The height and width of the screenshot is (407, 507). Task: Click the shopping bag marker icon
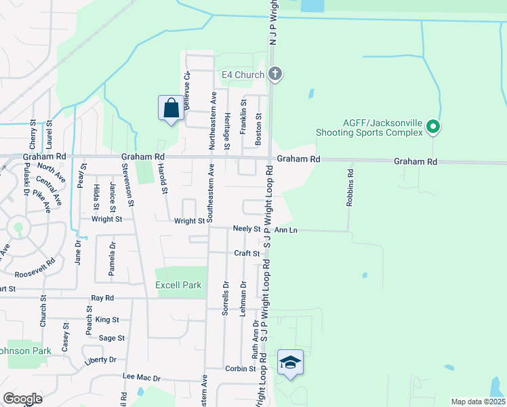[171, 109]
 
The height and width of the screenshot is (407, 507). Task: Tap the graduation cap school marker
[290, 363]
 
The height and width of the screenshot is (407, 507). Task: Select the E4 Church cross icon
[275, 74]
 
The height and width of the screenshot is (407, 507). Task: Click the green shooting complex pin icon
[434, 127]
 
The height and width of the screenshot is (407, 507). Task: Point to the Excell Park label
[178, 286]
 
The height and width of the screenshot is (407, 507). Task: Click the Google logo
[22, 399]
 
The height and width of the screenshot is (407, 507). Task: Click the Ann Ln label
[285, 230]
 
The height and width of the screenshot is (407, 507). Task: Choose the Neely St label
[247, 230]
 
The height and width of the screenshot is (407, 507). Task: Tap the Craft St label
[247, 254]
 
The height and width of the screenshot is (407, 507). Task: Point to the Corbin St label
[242, 369]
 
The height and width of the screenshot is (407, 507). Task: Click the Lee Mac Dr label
[141, 378]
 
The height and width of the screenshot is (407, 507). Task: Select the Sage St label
[112, 338]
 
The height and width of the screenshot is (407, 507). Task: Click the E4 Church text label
[242, 75]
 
